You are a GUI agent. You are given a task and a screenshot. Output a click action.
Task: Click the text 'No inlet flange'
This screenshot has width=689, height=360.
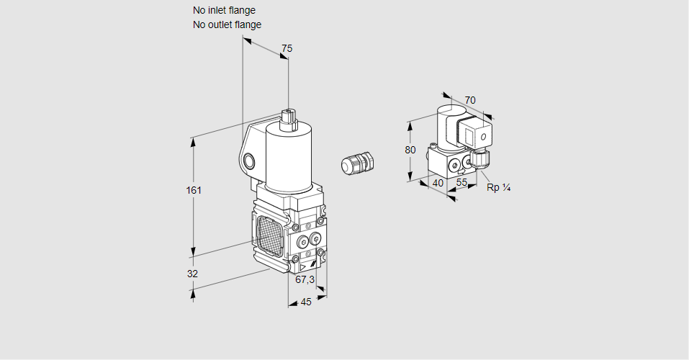point(224,11)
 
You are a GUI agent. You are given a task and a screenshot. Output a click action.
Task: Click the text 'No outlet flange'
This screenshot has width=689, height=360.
point(227,24)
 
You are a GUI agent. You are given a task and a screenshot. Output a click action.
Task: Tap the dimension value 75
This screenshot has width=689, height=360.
point(287,48)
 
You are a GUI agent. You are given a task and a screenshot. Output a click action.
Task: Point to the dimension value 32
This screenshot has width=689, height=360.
point(193,274)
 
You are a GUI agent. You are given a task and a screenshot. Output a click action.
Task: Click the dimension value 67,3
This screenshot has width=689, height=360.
point(305,279)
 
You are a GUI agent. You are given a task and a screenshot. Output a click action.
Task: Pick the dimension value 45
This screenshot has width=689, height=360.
point(306,302)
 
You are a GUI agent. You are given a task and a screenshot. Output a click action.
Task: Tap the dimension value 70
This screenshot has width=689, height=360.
point(470,100)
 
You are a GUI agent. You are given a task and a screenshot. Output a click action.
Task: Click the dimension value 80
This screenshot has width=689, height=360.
point(410,150)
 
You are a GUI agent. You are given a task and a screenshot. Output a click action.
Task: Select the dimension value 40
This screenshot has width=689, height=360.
point(438,183)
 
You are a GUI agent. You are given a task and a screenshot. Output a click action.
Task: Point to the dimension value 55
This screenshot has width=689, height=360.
point(462,183)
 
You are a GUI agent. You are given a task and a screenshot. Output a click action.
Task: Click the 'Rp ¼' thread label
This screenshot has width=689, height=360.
point(498,188)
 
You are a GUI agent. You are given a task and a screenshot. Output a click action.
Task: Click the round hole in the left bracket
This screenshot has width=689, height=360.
point(249,160)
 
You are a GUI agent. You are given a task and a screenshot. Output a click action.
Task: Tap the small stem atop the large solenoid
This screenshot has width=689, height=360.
point(288,118)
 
